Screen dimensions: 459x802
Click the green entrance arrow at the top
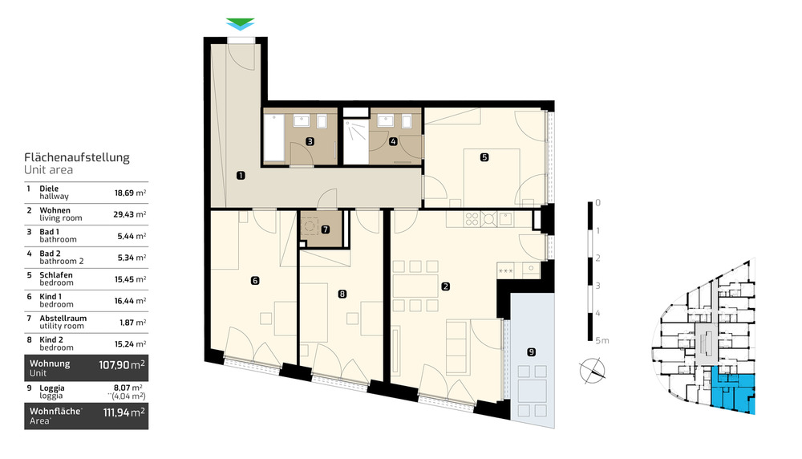point(240,23)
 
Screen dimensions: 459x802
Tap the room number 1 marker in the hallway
point(241,174)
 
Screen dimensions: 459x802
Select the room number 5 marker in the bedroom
point(484,157)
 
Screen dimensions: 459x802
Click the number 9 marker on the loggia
point(530,351)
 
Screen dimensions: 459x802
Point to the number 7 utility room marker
point(325,229)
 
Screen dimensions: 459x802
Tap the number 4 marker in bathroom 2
point(393,142)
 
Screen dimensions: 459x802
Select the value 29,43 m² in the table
point(129,214)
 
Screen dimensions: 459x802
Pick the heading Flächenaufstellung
point(77,158)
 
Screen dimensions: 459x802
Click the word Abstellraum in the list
point(63,319)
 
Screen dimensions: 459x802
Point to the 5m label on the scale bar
point(601,341)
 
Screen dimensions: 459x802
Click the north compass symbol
point(593,371)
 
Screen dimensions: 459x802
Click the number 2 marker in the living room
point(444,285)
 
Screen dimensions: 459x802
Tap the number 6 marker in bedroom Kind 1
point(254,281)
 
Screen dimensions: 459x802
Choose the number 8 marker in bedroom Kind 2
point(342,294)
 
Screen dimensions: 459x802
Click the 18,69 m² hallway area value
point(129,193)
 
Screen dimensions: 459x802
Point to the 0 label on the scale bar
point(598,203)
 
